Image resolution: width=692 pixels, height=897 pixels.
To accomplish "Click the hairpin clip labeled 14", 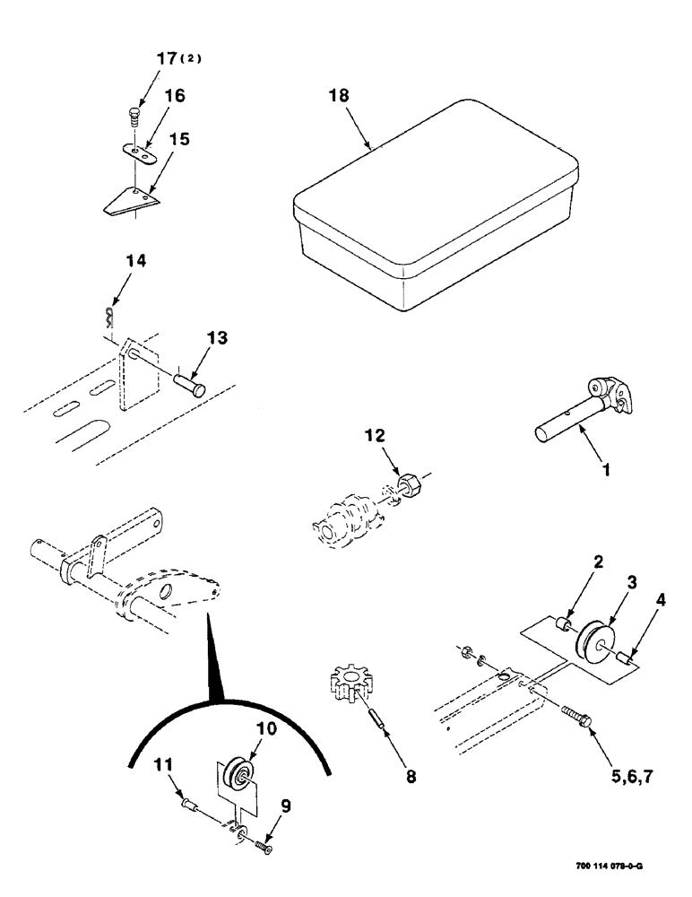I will [x=108, y=315].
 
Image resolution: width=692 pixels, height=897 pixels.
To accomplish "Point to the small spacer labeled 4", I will [x=625, y=659].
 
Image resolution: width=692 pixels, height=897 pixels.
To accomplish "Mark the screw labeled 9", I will [x=261, y=844].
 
